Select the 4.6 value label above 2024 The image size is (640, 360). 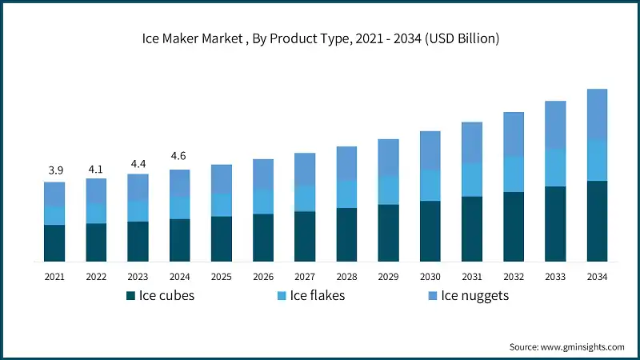coord(179,156)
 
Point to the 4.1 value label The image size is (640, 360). coord(96,169)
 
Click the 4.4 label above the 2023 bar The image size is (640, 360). coord(138,164)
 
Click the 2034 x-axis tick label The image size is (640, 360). coord(597,277)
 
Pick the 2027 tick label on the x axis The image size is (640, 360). coord(305,277)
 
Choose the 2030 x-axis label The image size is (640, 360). coord(430,277)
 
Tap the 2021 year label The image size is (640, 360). coord(54,277)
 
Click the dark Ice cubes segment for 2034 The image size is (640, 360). coord(597,221)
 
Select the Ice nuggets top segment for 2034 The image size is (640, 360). coord(597,114)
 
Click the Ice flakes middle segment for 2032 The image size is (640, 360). coord(514,174)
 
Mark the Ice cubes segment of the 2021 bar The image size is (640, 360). coord(54,243)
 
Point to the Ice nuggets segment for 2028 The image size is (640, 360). coord(346,163)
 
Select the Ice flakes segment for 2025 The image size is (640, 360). coord(222,204)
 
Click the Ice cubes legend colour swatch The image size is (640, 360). coord(130,296)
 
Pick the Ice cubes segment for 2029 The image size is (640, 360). coord(388,233)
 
